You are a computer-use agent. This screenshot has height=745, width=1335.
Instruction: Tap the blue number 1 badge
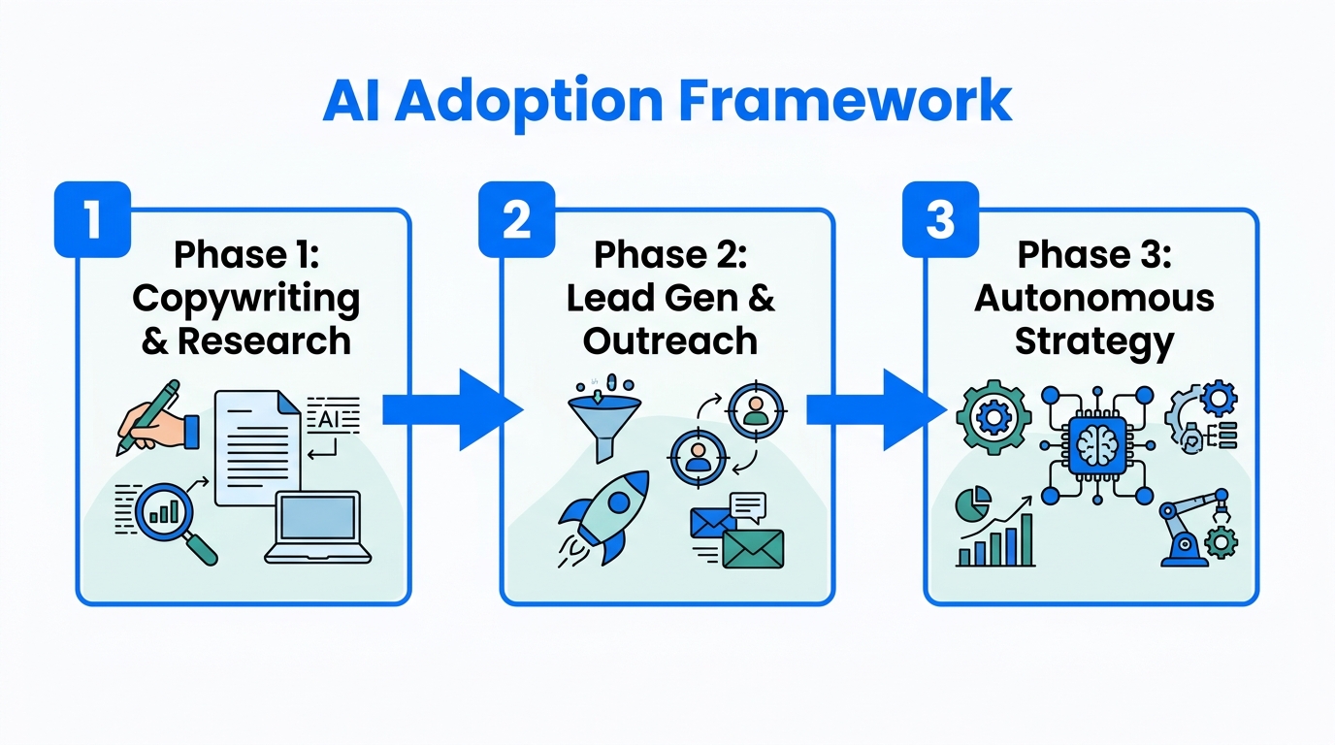point(92,218)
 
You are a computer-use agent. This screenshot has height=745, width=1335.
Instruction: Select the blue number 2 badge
point(516,218)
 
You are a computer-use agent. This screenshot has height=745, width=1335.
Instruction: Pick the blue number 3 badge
point(939,218)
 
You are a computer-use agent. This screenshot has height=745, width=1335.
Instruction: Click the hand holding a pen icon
point(155,419)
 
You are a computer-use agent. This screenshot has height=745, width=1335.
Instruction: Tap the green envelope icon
point(752,548)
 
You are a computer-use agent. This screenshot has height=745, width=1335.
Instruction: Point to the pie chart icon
point(973,503)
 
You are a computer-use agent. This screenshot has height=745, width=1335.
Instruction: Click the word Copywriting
point(245,298)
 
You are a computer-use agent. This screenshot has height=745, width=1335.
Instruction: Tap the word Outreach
point(670,340)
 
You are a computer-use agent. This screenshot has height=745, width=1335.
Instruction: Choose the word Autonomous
point(1093,298)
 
